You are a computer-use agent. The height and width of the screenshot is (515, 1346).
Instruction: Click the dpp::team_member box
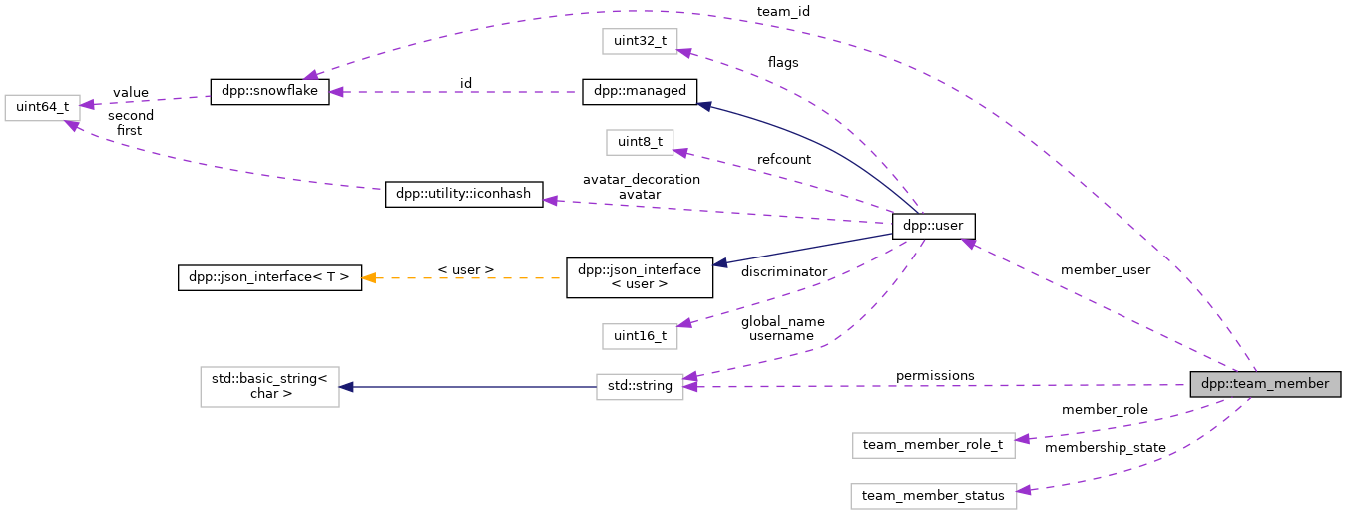point(1264,384)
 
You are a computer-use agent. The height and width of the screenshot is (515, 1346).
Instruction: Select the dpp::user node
point(933,226)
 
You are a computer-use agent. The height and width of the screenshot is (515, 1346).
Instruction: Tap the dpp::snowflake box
point(269,91)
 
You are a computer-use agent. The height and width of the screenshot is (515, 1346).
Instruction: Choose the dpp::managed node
point(640,91)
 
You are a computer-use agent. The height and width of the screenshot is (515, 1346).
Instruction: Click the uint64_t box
point(41,107)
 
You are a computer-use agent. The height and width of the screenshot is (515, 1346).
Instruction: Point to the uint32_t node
point(640,41)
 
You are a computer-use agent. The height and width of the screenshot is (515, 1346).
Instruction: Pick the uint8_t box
point(640,142)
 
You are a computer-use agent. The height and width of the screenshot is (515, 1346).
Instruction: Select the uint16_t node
point(640,336)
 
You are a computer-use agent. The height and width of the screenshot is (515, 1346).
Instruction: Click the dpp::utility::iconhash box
point(464,194)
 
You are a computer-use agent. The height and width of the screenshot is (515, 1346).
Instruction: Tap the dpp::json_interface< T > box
point(268,277)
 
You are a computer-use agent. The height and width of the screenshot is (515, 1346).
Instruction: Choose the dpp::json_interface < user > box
point(640,277)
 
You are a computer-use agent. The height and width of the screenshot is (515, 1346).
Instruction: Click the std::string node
point(640,387)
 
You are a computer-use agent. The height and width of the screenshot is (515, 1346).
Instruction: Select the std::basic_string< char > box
point(269,386)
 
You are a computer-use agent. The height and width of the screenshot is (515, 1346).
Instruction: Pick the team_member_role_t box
point(933,445)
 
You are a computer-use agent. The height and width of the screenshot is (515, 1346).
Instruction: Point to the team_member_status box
point(933,496)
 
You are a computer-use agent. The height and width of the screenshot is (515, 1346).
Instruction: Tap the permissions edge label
point(935,376)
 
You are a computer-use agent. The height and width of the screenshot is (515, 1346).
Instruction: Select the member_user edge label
point(1106,270)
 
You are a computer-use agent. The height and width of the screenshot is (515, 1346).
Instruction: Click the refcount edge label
point(783,159)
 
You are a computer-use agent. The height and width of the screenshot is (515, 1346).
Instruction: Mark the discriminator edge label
point(783,272)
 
